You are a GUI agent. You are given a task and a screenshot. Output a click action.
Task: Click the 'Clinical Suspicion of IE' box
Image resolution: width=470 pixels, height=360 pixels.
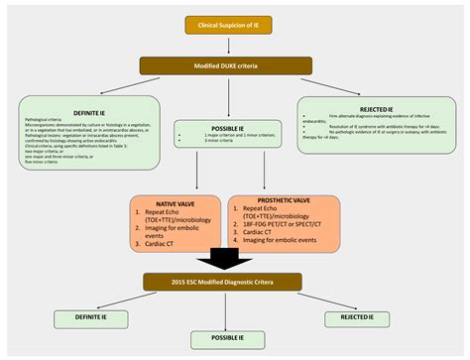(x=234, y=24)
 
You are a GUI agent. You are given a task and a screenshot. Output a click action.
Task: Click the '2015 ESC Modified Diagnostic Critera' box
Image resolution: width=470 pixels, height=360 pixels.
(x=235, y=283)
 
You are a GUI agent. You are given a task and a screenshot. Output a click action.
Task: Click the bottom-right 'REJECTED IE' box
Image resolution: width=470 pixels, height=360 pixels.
(x=385, y=317)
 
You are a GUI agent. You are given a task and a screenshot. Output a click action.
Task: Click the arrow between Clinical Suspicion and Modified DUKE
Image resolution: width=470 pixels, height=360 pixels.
(x=235, y=44)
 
